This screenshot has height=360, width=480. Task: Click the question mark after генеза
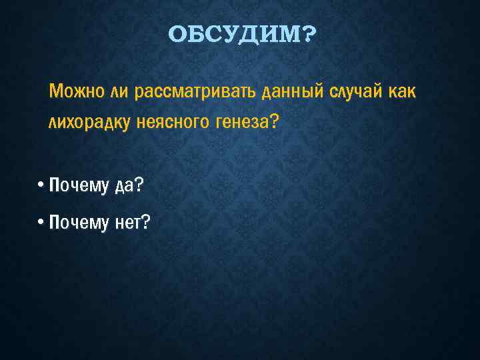[x=268, y=121]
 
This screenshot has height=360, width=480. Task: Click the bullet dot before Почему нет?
[x=41, y=223]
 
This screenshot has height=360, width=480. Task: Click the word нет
[x=127, y=223]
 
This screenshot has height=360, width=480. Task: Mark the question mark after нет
[x=146, y=223]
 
